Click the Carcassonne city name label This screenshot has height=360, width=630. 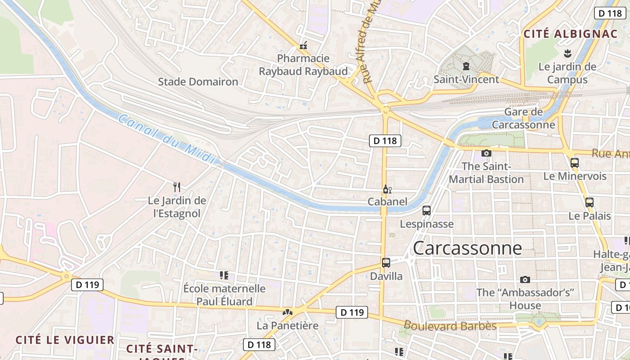[467, 248]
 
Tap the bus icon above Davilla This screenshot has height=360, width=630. [386, 263]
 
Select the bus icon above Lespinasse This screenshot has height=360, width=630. [426, 211]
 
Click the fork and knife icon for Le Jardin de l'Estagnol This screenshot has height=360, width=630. [177, 187]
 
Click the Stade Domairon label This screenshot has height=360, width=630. [198, 82]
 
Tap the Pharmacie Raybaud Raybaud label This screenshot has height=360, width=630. [303, 65]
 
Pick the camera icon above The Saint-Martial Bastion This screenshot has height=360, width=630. [486, 153]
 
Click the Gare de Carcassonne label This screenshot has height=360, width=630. [523, 118]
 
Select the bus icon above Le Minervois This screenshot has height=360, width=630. [574, 163]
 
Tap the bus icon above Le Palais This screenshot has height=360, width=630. [589, 202]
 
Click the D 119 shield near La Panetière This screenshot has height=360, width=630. [351, 312]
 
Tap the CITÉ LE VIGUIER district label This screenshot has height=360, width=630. [65, 340]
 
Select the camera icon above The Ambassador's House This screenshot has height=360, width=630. [525, 280]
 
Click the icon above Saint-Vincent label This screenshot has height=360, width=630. [466, 67]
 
